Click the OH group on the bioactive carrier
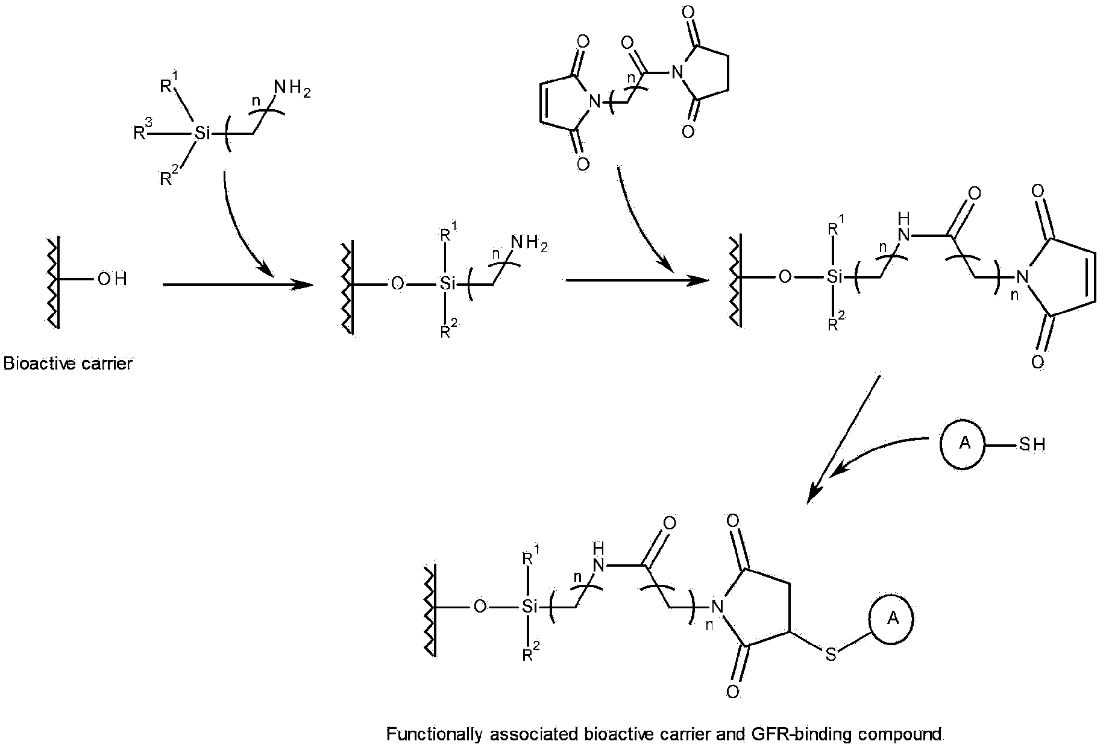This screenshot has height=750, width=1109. pyautogui.click(x=112, y=280)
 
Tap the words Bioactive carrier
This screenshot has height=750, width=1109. pyautogui.click(x=68, y=364)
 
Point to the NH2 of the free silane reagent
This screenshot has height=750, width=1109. pyautogui.click(x=292, y=89)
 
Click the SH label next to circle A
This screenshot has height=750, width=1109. pyautogui.click(x=1032, y=445)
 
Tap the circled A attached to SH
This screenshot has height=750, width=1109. pyautogui.click(x=965, y=444)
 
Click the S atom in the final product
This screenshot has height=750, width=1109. pyautogui.click(x=831, y=655)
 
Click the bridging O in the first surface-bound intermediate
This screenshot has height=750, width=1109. pyautogui.click(x=397, y=283)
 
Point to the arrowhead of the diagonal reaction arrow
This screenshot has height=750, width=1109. pyautogui.click(x=813, y=491)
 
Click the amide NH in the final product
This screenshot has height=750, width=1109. pyautogui.click(x=598, y=559)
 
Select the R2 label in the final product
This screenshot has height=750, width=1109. pyautogui.click(x=530, y=654)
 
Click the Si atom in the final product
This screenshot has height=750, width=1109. pyautogui.click(x=529, y=606)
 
